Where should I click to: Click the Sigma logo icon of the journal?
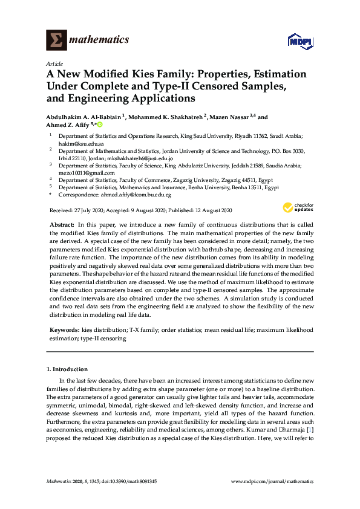[x=56, y=40]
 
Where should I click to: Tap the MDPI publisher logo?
[x=301, y=41]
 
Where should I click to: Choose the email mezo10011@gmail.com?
[x=82, y=172]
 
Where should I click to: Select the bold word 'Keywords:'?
[x=63, y=331]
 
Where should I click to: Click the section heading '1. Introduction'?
[x=67, y=369]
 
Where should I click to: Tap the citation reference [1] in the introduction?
[x=310, y=429]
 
